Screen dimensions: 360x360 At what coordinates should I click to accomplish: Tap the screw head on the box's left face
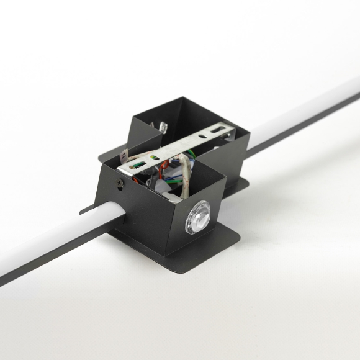[120, 182]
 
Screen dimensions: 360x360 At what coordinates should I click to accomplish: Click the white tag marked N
[124, 151]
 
